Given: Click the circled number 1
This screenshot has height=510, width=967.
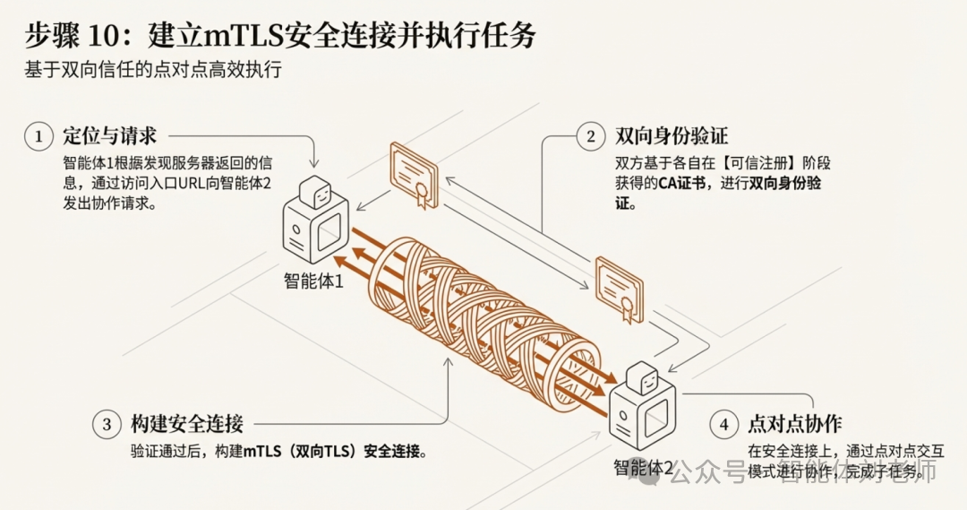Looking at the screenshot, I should pyautogui.click(x=39, y=137).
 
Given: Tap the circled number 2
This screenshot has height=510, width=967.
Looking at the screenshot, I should pyautogui.click(x=590, y=137).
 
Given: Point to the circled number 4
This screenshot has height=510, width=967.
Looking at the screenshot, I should pyautogui.click(x=723, y=424).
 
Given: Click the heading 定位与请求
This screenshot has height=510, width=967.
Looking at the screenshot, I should pyautogui.click(x=110, y=137).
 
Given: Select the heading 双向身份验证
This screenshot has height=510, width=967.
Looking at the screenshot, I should pyautogui.click(x=672, y=137).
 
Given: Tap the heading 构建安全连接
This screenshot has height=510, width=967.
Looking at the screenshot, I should pyautogui.click(x=186, y=424).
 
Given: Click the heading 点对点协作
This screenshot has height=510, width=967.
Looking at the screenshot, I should pyautogui.click(x=794, y=424).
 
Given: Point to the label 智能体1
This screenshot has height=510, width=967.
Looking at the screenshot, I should pyautogui.click(x=313, y=281).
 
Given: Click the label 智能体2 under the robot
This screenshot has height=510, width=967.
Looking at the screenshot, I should pyautogui.click(x=642, y=467).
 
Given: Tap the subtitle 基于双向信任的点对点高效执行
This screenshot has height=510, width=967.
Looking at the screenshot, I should pyautogui.click(x=153, y=70).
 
